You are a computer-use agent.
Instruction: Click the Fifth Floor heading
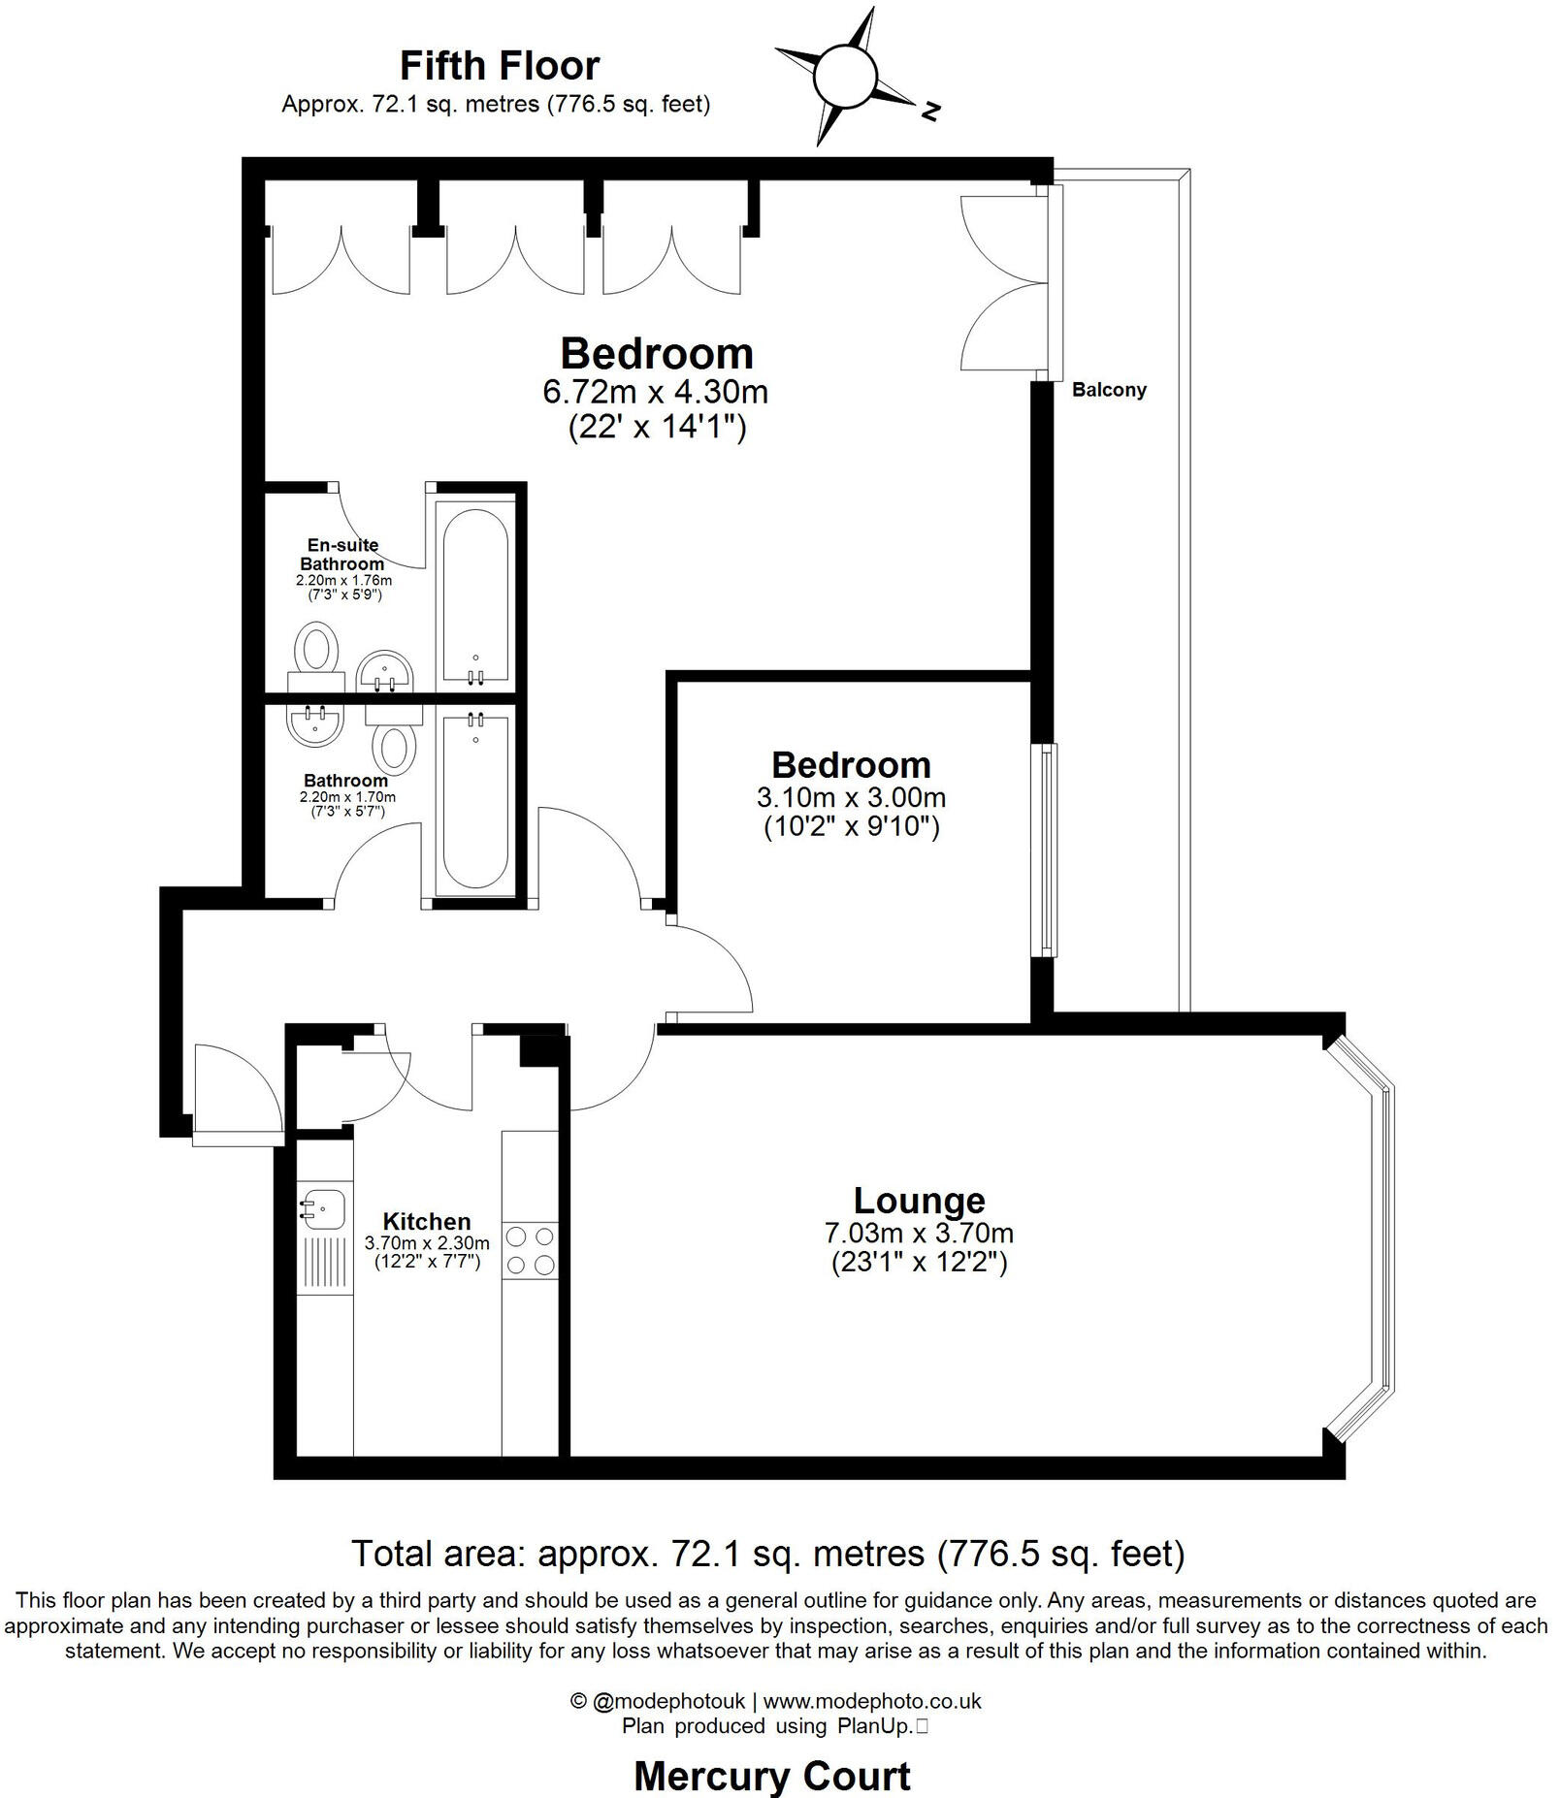tap(500, 66)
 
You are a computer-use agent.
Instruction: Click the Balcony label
tap(1109, 390)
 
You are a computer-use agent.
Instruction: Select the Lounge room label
tap(919, 1201)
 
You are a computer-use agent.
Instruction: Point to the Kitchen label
tap(427, 1221)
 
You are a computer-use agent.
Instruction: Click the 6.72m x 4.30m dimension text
tap(656, 392)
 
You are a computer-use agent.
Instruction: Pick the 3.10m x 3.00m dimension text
tap(851, 797)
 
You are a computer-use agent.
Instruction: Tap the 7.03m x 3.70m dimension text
tap(919, 1234)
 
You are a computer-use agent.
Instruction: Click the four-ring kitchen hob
tap(531, 1251)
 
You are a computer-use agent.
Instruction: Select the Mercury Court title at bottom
tap(771, 1776)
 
